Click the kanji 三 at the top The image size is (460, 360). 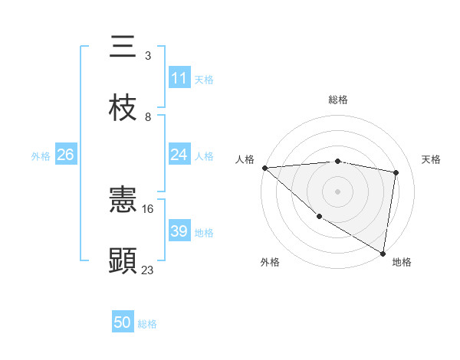[123, 47]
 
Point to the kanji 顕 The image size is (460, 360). [123, 260]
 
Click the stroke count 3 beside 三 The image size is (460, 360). [148, 56]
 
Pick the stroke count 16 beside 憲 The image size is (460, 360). [148, 208]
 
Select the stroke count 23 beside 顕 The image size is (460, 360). [148, 269]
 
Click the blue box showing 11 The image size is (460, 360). [179, 78]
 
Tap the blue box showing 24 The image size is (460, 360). [179, 155]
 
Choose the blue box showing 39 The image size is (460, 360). [179, 231]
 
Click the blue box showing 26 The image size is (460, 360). [65, 155]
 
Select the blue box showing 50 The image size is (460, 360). [123, 322]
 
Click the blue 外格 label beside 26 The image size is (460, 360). [41, 156]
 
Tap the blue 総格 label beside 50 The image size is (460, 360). [147, 324]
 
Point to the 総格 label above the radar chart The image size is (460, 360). [338, 100]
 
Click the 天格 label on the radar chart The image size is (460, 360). [432, 159]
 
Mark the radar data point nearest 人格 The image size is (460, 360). [264, 168]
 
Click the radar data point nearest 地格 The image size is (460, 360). [383, 253]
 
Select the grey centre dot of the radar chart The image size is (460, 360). [338, 191]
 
